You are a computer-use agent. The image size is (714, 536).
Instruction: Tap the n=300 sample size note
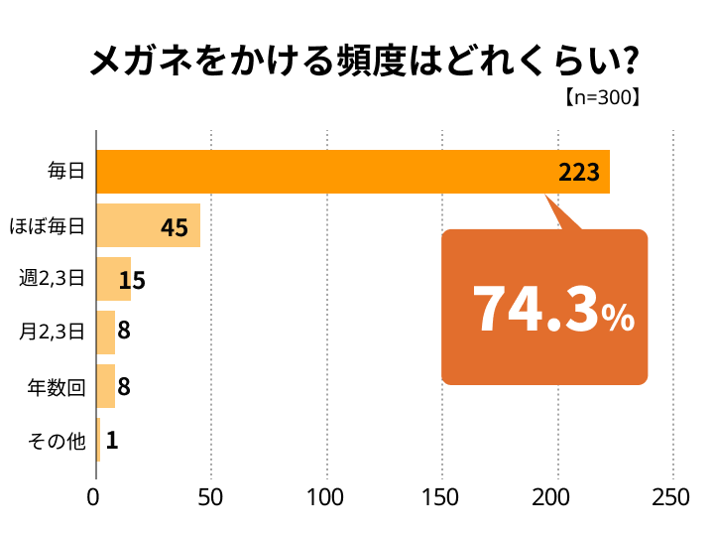[600, 98]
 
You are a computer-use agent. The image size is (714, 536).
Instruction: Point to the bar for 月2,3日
[105, 333]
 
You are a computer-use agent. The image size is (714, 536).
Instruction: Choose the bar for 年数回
[105, 386]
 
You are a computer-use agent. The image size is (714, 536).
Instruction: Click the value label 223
[579, 173]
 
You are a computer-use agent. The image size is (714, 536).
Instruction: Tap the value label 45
[174, 227]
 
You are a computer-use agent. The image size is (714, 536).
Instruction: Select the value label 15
[132, 281]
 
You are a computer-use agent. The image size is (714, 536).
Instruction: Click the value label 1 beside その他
[112, 441]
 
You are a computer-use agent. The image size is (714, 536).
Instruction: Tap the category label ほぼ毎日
[47, 226]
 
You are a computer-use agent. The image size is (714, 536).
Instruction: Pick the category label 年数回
[57, 387]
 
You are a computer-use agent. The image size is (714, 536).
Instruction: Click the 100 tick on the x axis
[326, 498]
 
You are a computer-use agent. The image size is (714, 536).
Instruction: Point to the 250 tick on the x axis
[672, 498]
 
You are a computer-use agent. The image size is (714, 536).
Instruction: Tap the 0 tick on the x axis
[96, 498]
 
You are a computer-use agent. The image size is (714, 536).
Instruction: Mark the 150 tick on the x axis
[441, 498]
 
